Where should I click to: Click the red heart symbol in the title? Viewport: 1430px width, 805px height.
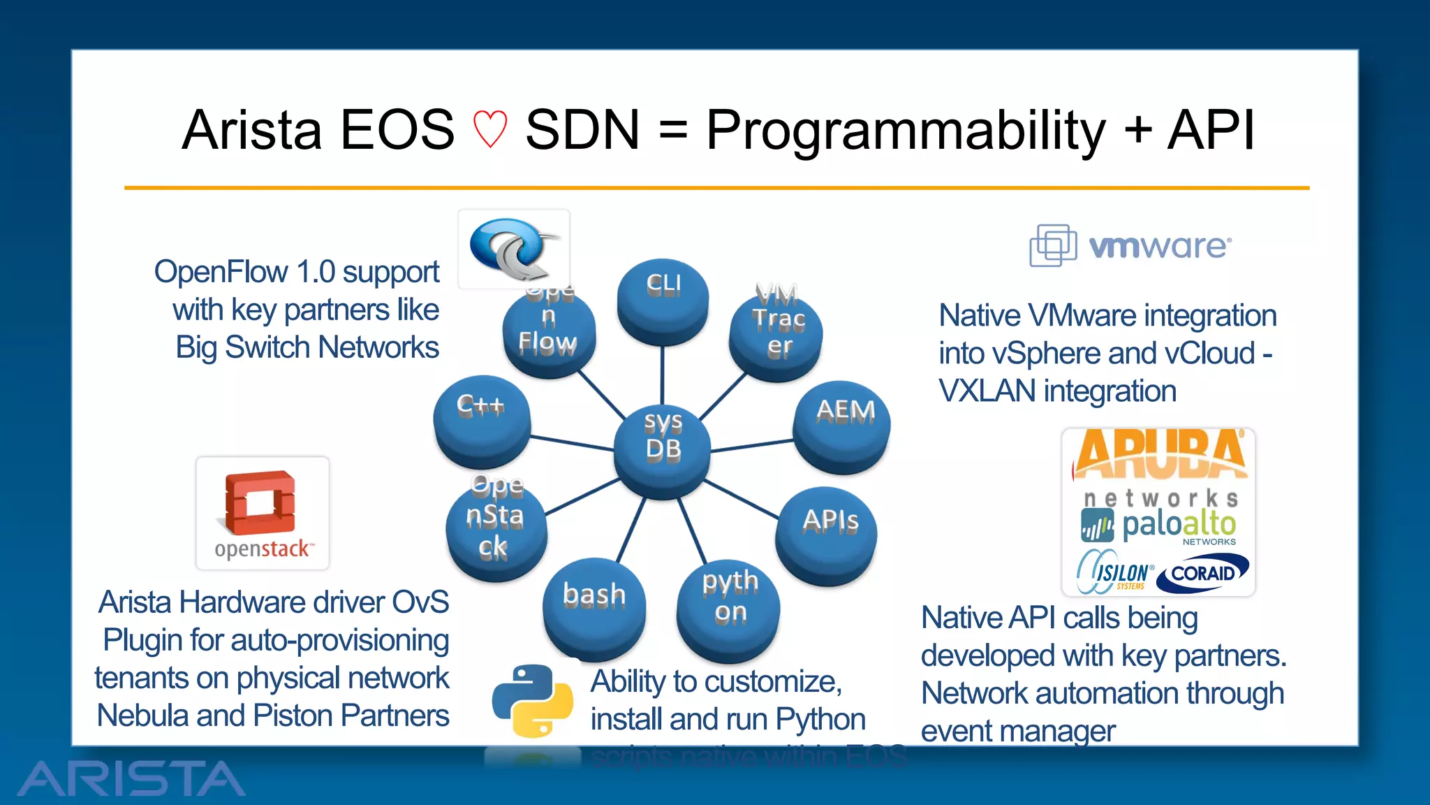coord(489,130)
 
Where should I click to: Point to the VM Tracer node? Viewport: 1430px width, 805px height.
coord(776,328)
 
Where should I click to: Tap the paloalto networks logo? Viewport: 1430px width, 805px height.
coord(1159,525)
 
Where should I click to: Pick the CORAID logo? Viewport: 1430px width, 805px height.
coord(1203,573)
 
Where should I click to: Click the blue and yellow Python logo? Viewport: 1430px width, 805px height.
coord(533,700)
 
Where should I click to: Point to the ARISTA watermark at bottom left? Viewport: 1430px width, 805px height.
coord(131,778)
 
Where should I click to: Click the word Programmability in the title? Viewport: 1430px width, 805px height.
coord(906,131)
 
